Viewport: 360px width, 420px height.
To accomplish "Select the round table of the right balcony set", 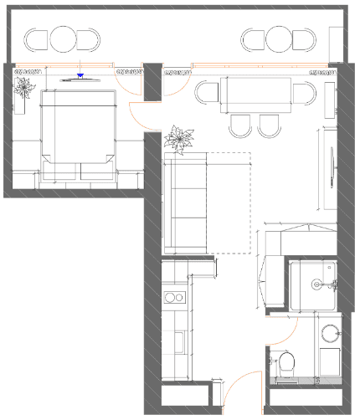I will (x=279, y=38).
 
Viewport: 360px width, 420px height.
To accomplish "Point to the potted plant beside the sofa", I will (x=178, y=138).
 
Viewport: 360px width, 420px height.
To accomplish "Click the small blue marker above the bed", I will (x=80, y=76).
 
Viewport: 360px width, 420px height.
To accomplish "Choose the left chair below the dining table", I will (x=240, y=125).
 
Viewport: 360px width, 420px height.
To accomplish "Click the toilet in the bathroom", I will (x=286, y=364).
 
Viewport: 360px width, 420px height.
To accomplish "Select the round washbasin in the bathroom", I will (x=330, y=334).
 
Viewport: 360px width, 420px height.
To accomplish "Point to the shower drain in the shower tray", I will (x=318, y=285).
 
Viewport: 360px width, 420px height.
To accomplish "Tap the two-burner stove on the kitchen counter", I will (x=175, y=296).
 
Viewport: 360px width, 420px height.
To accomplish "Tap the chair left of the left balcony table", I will (x=38, y=39).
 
